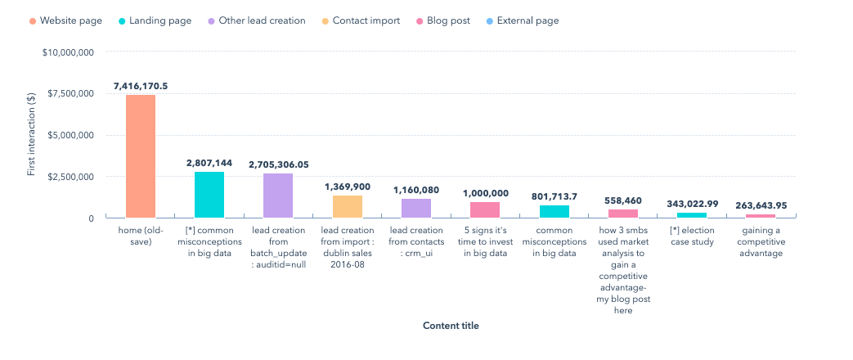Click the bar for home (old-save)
tap(140, 156)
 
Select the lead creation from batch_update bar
tap(278, 196)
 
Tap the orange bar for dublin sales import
tap(347, 206)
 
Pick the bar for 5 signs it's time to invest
tap(485, 209)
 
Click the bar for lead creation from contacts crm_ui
tap(416, 208)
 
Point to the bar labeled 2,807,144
tap(209, 195)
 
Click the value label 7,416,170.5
tap(141, 86)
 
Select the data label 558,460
tap(623, 200)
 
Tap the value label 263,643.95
tap(761, 205)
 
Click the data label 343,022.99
tap(692, 203)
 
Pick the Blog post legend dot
tap(419, 20)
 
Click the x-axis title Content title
tap(451, 326)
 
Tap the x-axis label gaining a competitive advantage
tap(761, 241)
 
